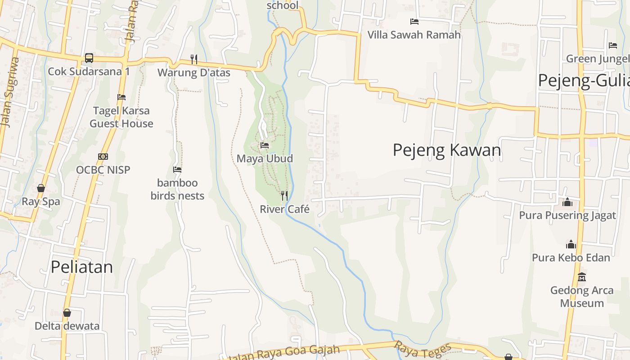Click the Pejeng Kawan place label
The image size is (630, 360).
tap(447, 150)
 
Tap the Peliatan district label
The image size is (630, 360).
tap(81, 267)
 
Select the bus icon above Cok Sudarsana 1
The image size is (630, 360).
tap(89, 58)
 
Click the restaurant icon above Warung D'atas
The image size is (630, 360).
tap(194, 59)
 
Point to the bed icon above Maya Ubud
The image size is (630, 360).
tap(265, 145)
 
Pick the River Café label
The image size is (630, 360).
tap(285, 209)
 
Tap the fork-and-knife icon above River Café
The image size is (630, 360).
tap(284, 195)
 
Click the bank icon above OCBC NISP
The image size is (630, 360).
tap(103, 157)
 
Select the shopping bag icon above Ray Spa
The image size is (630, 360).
tap(41, 188)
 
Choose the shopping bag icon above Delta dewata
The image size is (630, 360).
tap(67, 312)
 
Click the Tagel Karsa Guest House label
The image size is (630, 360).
tap(121, 117)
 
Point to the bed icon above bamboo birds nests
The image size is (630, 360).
tap(177, 170)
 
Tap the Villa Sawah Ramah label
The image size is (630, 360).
tap(414, 35)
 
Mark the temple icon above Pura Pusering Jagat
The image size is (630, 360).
tap(567, 202)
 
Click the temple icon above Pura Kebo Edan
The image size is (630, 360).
tap(571, 244)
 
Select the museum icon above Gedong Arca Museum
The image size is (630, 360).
tap(582, 277)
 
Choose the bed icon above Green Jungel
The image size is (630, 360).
tap(613, 45)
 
